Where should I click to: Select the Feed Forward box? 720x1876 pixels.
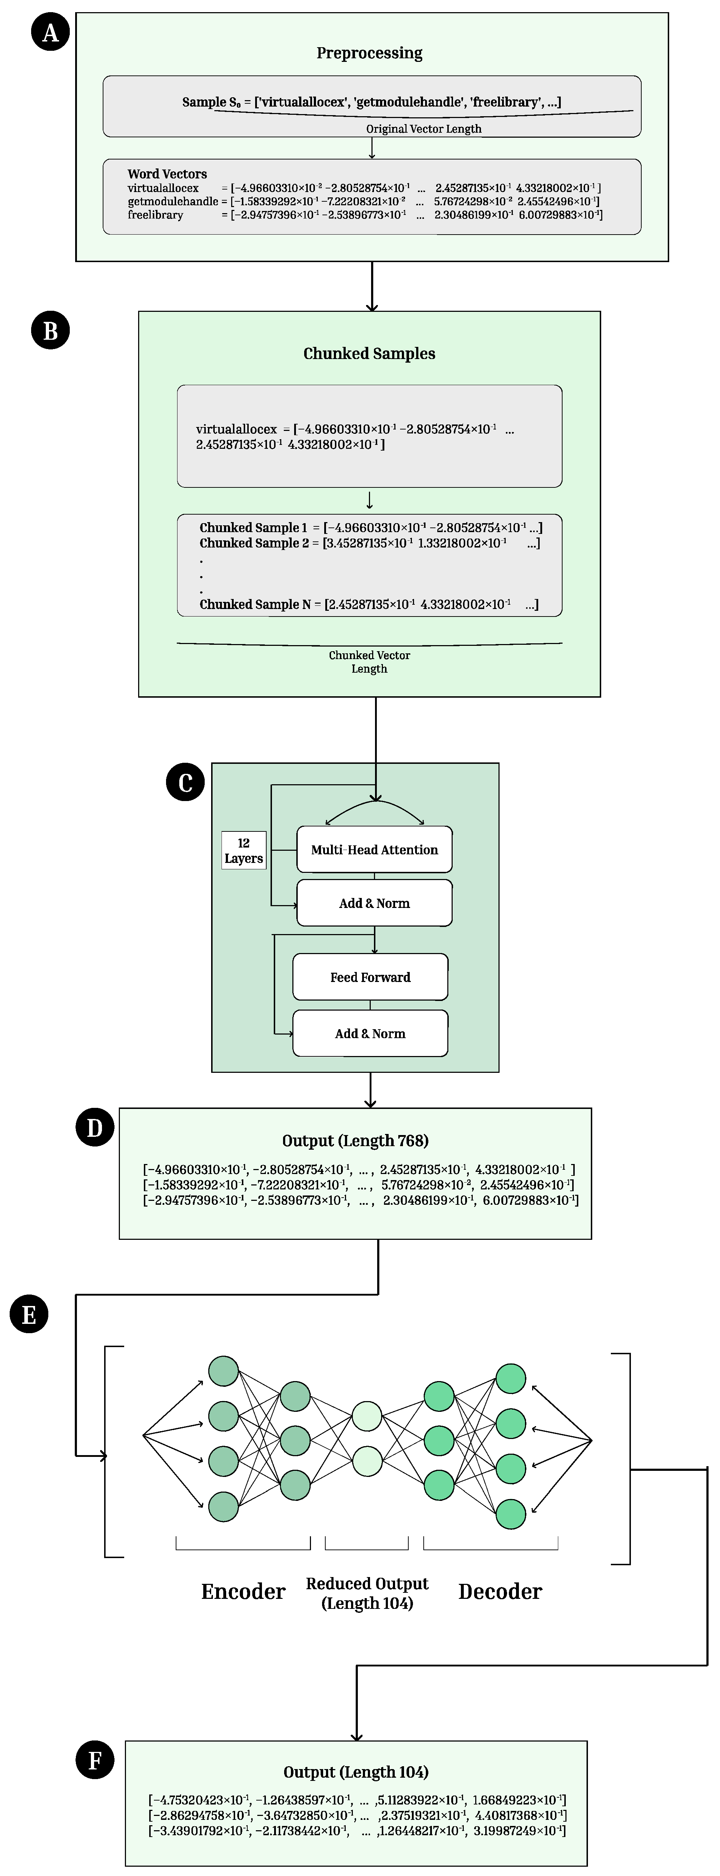point(370,977)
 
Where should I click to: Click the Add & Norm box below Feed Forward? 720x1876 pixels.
point(370,1033)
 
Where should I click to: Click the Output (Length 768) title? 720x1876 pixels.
point(355,1140)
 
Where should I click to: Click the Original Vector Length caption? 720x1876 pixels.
point(423,129)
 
